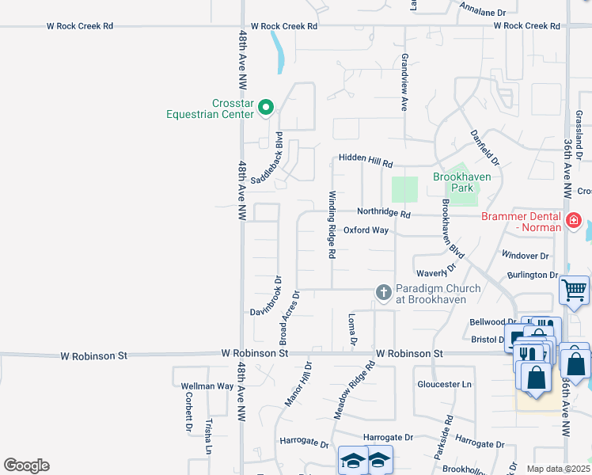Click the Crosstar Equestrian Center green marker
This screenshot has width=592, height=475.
click(267, 108)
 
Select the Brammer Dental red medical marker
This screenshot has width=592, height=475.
click(575, 219)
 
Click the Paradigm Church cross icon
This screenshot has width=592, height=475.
click(384, 294)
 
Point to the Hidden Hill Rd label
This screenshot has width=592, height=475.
click(366, 160)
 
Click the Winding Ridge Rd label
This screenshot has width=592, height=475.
click(333, 226)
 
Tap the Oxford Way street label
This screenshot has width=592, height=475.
click(366, 230)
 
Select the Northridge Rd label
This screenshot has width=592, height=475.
click(384, 213)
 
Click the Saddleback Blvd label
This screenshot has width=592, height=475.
click(267, 159)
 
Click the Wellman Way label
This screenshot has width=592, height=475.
click(207, 386)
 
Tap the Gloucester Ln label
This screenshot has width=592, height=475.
click(444, 384)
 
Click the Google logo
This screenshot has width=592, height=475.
click(26, 465)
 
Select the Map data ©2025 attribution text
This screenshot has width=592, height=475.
click(558, 469)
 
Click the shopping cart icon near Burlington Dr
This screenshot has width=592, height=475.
click(574, 290)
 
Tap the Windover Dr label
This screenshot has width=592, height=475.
click(526, 256)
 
